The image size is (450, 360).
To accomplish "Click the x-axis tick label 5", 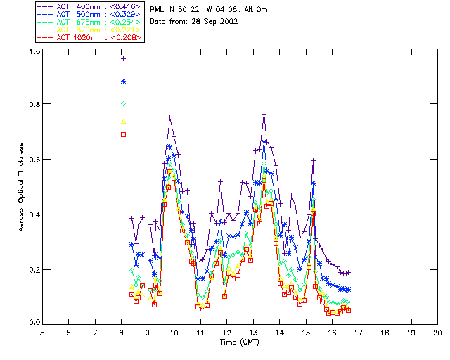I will coord(42,332).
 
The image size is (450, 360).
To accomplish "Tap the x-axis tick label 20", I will coord(437,332).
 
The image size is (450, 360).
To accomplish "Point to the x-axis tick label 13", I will coord(253,332).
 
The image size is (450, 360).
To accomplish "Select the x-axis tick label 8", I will coord(122,332).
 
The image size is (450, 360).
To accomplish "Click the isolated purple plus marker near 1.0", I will coord(123,59).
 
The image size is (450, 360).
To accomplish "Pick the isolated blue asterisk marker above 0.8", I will coord(123,82).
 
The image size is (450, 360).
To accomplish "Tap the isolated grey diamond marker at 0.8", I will coord(123,104).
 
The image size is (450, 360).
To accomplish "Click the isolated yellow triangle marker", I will coord(123,121).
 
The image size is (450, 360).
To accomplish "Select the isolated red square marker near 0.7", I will coord(123,134).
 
